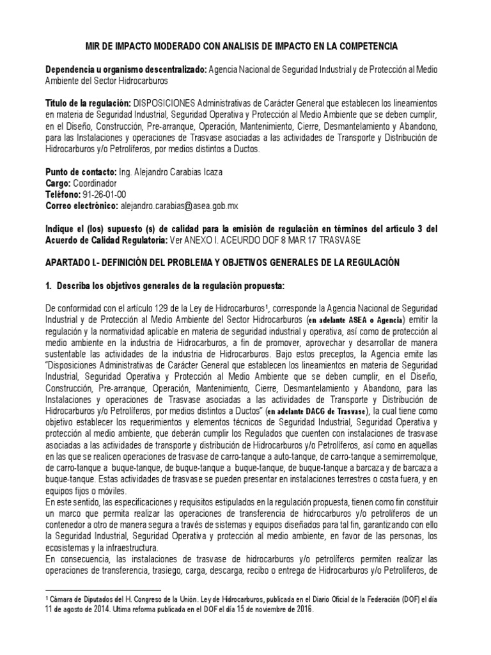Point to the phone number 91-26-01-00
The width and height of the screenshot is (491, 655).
(105, 195)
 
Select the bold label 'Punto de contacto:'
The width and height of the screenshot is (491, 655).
(81, 173)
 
